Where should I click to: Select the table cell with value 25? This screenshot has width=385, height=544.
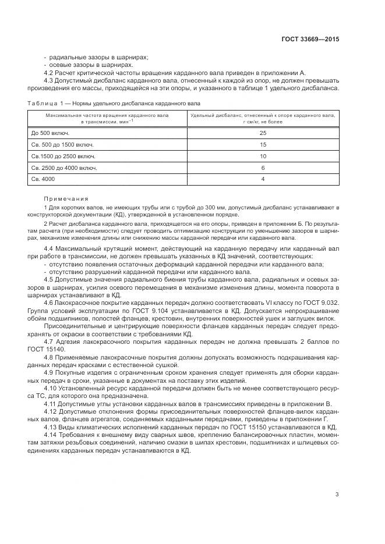click(x=263, y=133)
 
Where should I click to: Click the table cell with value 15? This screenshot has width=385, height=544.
click(x=263, y=144)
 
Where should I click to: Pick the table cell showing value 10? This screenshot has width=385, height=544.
click(x=263, y=156)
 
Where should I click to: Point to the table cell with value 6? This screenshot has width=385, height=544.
click(x=263, y=168)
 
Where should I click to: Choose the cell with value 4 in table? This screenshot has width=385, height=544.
click(x=263, y=179)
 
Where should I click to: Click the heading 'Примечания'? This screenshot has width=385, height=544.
click(x=66, y=198)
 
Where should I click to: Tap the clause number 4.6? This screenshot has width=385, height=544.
click(x=49, y=303)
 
